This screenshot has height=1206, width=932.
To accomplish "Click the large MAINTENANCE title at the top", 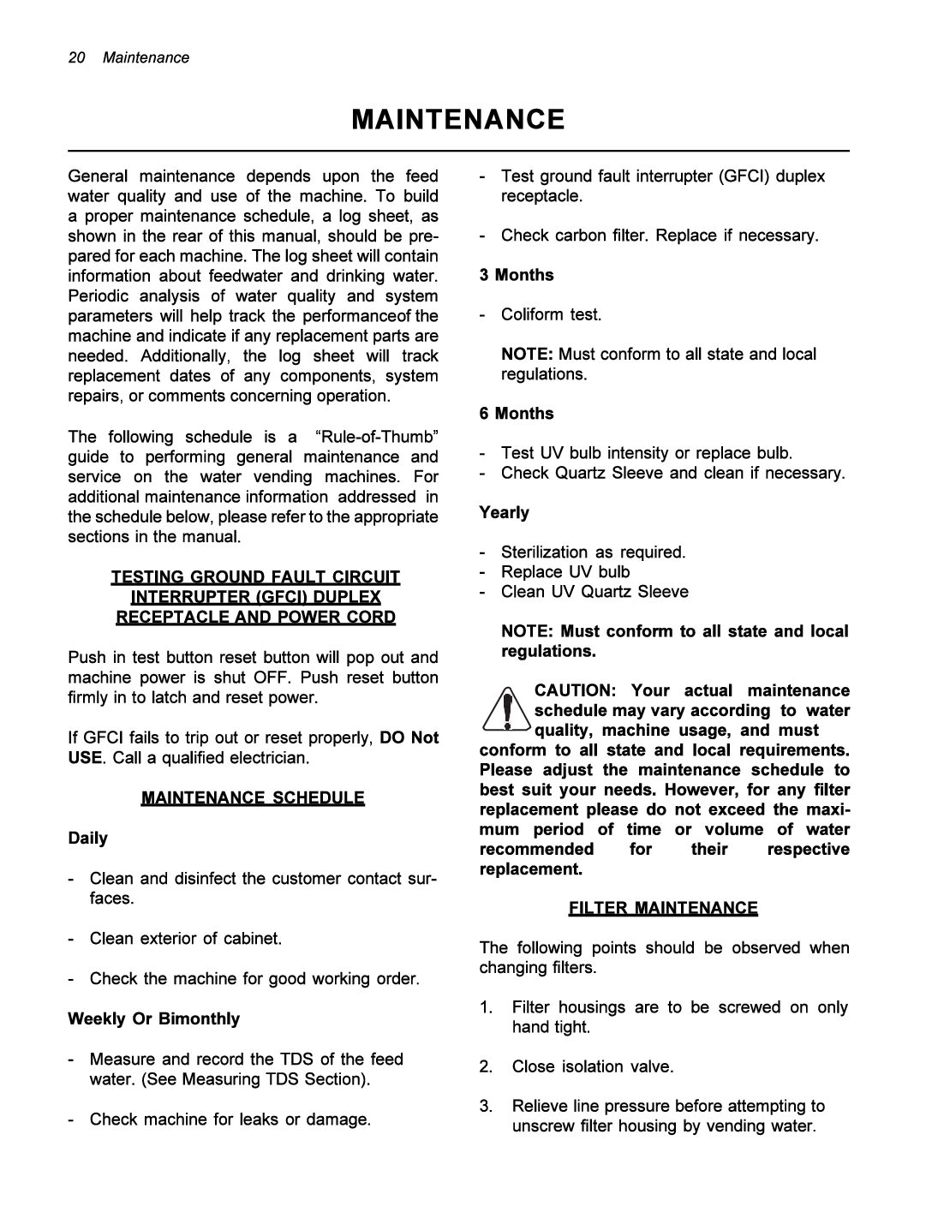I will click(458, 119).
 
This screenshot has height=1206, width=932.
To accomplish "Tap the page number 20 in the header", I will click(76, 57).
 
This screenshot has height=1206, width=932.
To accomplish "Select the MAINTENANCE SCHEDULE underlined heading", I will click(253, 798).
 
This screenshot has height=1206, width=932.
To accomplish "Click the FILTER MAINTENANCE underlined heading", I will click(663, 908).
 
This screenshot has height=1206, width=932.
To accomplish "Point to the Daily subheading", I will click(88, 838).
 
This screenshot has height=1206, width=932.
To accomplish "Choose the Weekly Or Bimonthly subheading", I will click(154, 1018).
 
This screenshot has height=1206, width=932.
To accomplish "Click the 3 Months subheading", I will click(517, 275).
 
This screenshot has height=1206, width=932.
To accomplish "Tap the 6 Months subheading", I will click(517, 414).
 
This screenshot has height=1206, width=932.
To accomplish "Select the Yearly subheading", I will click(504, 512).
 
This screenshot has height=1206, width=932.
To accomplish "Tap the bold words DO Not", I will click(409, 737).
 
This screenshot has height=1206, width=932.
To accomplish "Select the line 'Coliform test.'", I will click(551, 314).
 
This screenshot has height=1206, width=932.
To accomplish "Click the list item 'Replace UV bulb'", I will click(565, 571).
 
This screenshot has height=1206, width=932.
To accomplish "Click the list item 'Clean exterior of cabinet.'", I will click(186, 938).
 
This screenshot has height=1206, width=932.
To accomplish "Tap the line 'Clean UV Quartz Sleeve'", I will click(594, 591).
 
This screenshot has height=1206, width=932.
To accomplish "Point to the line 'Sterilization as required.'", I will click(593, 552).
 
